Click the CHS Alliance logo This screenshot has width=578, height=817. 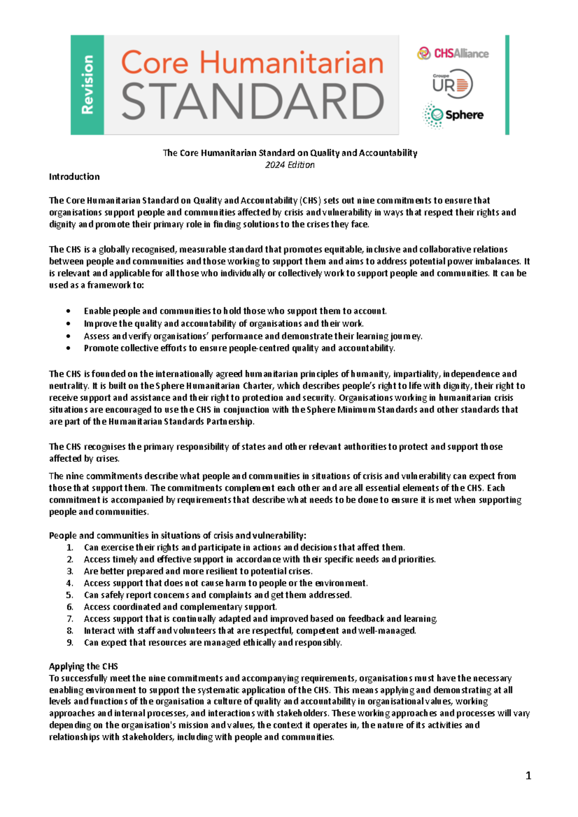click(453, 53)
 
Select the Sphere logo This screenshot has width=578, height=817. click(453, 115)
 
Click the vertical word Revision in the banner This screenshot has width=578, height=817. click(87, 85)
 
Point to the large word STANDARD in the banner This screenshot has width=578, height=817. click(252, 102)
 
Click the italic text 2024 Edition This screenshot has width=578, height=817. click(289, 165)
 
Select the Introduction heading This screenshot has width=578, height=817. click(74, 177)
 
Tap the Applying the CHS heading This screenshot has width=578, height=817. click(83, 666)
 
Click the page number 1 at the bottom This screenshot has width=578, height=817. click(528, 776)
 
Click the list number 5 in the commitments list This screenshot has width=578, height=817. click(70, 595)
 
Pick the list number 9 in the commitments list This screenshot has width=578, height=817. click(70, 643)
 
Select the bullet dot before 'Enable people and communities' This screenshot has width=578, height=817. click(69, 311)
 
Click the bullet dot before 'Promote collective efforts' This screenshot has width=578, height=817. click(69, 348)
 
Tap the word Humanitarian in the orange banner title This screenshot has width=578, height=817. click(291, 63)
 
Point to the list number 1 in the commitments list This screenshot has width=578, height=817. click(70, 547)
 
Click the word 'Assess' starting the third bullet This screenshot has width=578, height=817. click(96, 336)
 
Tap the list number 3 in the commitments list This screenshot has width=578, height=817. click(70, 571)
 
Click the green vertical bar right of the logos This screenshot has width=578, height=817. click(507, 85)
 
